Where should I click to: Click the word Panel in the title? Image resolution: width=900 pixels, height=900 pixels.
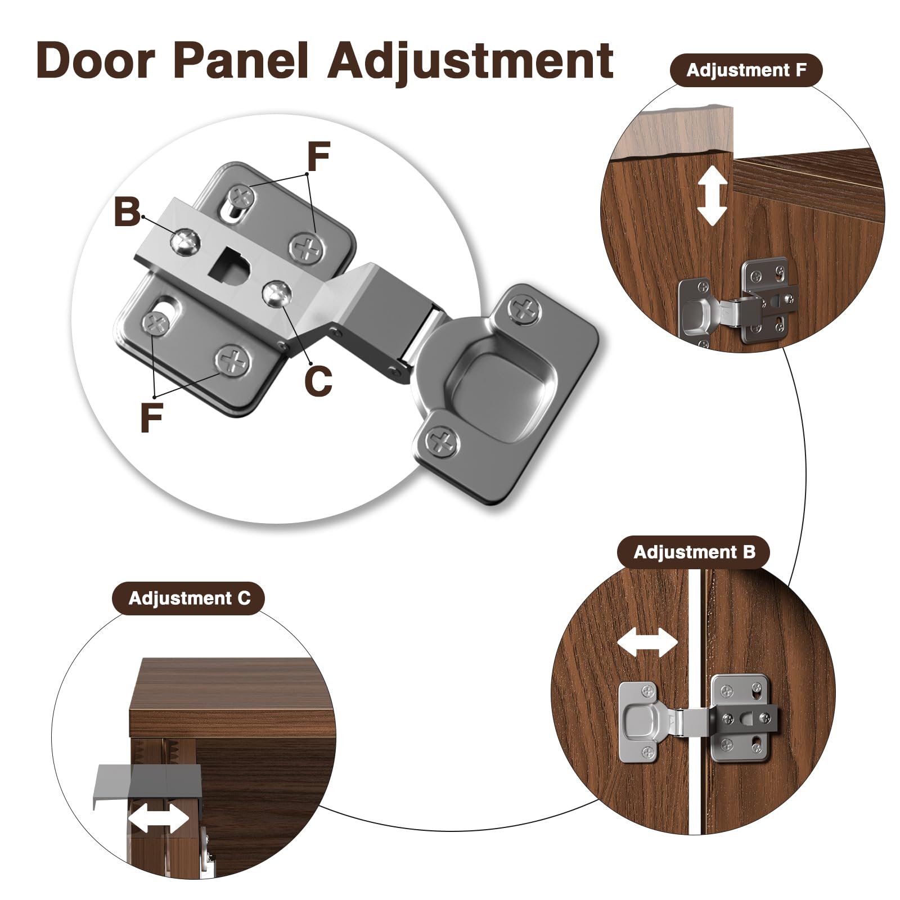[241, 60]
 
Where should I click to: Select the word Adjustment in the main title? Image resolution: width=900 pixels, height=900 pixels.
[470, 62]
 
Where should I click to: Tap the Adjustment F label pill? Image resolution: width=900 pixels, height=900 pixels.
[746, 70]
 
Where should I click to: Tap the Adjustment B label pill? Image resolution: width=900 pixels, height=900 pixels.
[694, 552]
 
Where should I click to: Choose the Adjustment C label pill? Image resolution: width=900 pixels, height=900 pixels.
[189, 598]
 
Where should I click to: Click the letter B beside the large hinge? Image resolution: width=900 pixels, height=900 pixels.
[127, 212]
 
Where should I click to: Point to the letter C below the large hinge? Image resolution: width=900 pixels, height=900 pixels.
[318, 381]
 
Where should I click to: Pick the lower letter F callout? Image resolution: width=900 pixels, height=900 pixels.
[151, 417]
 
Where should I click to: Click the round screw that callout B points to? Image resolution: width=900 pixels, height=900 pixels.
[185, 241]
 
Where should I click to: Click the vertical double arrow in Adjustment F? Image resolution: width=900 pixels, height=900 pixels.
[712, 195]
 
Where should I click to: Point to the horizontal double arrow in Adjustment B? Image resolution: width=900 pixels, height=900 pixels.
[647, 642]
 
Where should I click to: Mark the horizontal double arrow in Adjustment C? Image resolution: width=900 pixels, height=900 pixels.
[159, 818]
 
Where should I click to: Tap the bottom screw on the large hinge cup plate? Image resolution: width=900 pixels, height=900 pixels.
[443, 439]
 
